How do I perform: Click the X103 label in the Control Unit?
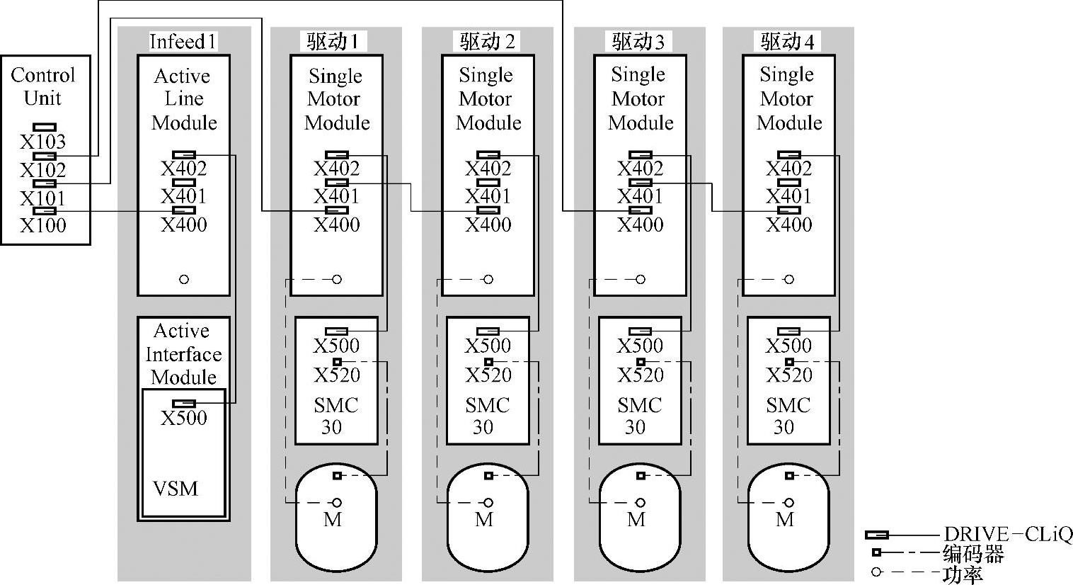tap(43, 142)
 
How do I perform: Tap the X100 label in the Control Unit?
tap(43, 225)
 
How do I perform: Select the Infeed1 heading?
tap(183, 42)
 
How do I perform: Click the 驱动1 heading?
tap(333, 42)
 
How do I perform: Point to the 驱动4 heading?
tap(787, 42)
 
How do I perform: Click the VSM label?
tap(176, 489)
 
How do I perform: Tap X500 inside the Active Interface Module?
tap(184, 417)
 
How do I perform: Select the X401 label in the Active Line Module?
tap(184, 196)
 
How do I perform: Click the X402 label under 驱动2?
tap(488, 169)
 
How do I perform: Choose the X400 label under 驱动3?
tap(640, 225)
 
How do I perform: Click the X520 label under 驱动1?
tap(337, 375)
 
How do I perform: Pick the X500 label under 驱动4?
tap(788, 346)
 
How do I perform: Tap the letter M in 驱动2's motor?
tap(484, 520)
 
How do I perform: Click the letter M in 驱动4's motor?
tap(785, 520)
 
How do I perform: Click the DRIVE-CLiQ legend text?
tap(1008, 535)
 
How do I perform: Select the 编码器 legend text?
tap(973, 554)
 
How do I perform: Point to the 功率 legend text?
tap(963, 574)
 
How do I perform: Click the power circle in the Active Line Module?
tap(184, 280)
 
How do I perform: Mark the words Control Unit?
tap(43, 86)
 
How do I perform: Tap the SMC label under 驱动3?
tap(640, 405)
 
